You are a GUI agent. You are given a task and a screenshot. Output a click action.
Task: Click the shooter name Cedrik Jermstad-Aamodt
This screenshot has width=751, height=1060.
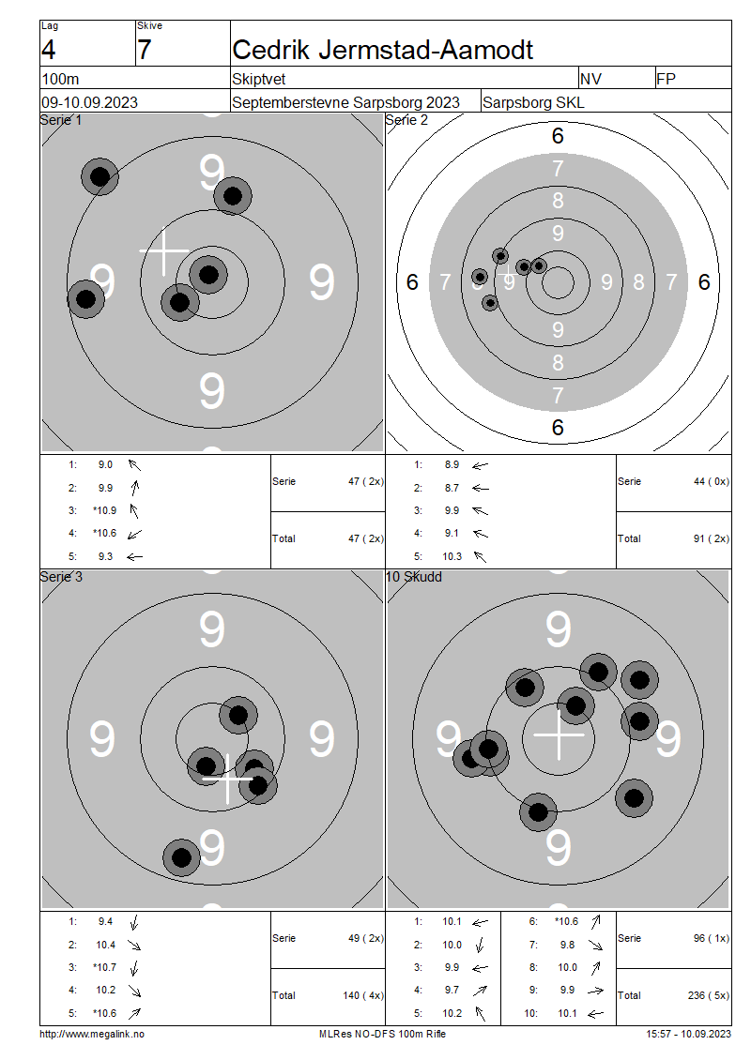tap(382, 50)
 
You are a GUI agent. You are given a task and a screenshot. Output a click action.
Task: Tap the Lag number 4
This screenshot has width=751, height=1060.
tap(48, 50)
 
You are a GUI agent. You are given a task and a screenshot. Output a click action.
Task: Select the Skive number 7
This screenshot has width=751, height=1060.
tap(145, 50)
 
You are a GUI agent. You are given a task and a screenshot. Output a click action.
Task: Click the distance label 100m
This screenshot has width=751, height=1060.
tap(60, 79)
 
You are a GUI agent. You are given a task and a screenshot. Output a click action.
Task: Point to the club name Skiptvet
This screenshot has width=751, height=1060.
tap(258, 79)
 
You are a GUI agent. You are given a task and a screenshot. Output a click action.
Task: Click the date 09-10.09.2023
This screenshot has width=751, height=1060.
tap(89, 103)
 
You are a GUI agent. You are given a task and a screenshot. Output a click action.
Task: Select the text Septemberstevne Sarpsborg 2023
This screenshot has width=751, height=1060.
tap(345, 103)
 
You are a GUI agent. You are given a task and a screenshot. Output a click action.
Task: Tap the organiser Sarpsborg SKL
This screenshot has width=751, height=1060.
tap(533, 103)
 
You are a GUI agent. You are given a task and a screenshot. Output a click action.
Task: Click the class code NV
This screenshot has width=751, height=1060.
tap(590, 79)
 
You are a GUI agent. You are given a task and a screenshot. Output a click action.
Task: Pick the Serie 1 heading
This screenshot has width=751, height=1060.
tap(61, 120)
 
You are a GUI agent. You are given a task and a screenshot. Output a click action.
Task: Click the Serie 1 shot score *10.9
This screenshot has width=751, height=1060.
tap(105, 510)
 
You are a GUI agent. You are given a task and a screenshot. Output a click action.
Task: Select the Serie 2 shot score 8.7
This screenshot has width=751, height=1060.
tap(452, 488)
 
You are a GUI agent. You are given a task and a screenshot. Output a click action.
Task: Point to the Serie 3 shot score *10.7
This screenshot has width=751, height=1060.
tap(105, 967)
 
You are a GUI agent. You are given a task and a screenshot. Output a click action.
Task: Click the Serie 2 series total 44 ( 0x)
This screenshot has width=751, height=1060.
tap(712, 481)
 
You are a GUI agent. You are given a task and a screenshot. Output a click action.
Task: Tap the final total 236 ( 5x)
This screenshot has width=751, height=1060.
tap(709, 995)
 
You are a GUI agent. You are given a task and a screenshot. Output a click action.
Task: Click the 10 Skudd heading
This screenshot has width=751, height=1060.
tap(414, 577)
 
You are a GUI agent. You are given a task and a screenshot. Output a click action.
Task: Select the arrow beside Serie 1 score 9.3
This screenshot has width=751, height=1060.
tap(134, 557)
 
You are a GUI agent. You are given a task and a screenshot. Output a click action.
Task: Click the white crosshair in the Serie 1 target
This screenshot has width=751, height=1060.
tap(164, 251)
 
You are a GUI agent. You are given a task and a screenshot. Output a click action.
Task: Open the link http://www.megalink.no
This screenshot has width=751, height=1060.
tap(92, 1034)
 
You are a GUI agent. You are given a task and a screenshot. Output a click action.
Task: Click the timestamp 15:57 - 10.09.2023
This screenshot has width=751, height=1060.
tap(689, 1034)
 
